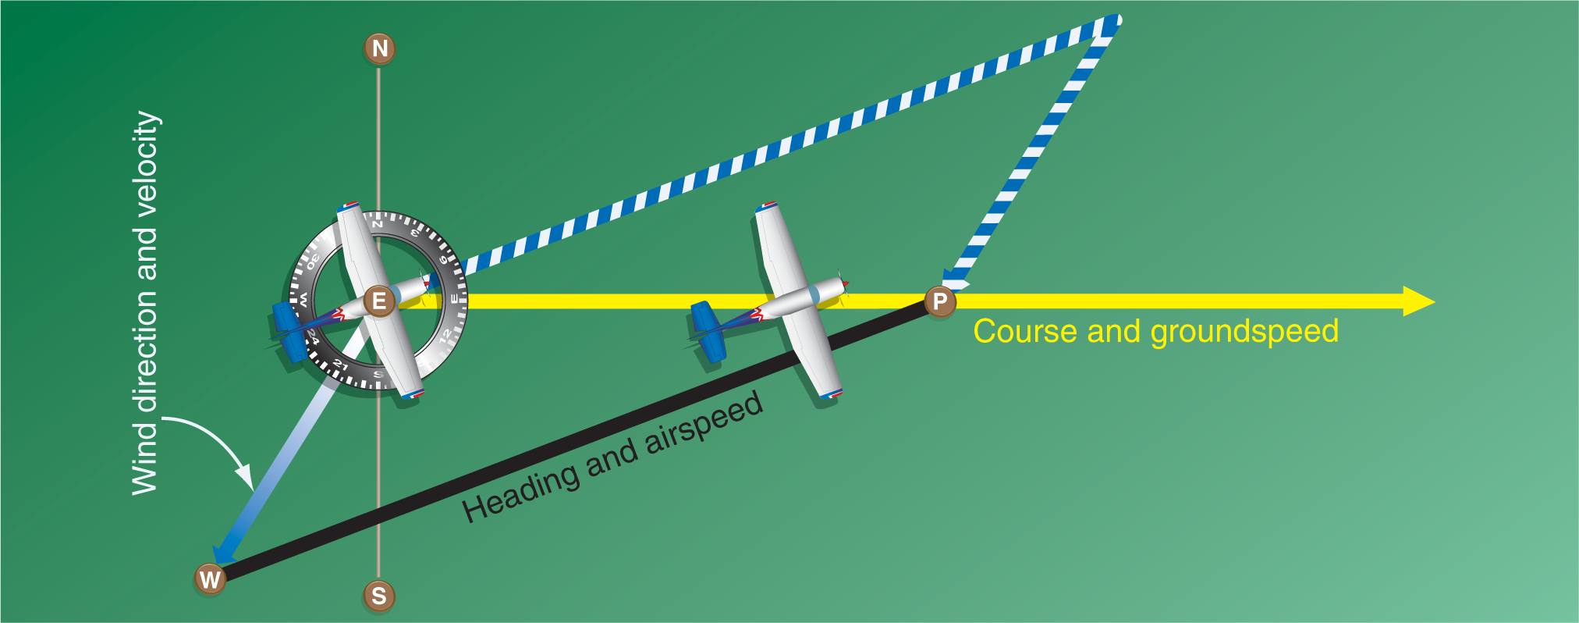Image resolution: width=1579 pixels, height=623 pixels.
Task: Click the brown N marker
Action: pyautogui.click(x=380, y=48)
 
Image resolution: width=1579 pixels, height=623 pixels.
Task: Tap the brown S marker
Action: pyautogui.click(x=379, y=596)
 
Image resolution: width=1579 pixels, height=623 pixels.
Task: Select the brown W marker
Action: pyautogui.click(x=210, y=579)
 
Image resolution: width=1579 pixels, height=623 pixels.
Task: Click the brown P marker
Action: pyautogui.click(x=940, y=301)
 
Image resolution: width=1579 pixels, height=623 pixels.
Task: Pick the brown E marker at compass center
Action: pyautogui.click(x=379, y=301)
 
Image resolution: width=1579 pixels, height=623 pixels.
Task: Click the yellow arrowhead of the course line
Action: pyautogui.click(x=1419, y=301)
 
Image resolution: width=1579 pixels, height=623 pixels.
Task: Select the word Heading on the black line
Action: pyautogui.click(x=521, y=492)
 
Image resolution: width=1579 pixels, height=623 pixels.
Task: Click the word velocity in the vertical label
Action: pyautogui.click(x=146, y=158)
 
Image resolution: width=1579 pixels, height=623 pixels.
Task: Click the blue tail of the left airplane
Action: pyautogui.click(x=289, y=333)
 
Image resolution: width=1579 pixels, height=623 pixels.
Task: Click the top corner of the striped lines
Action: pyautogui.click(x=1116, y=20)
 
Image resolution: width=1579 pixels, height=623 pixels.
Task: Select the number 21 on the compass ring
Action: pyautogui.click(x=340, y=365)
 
